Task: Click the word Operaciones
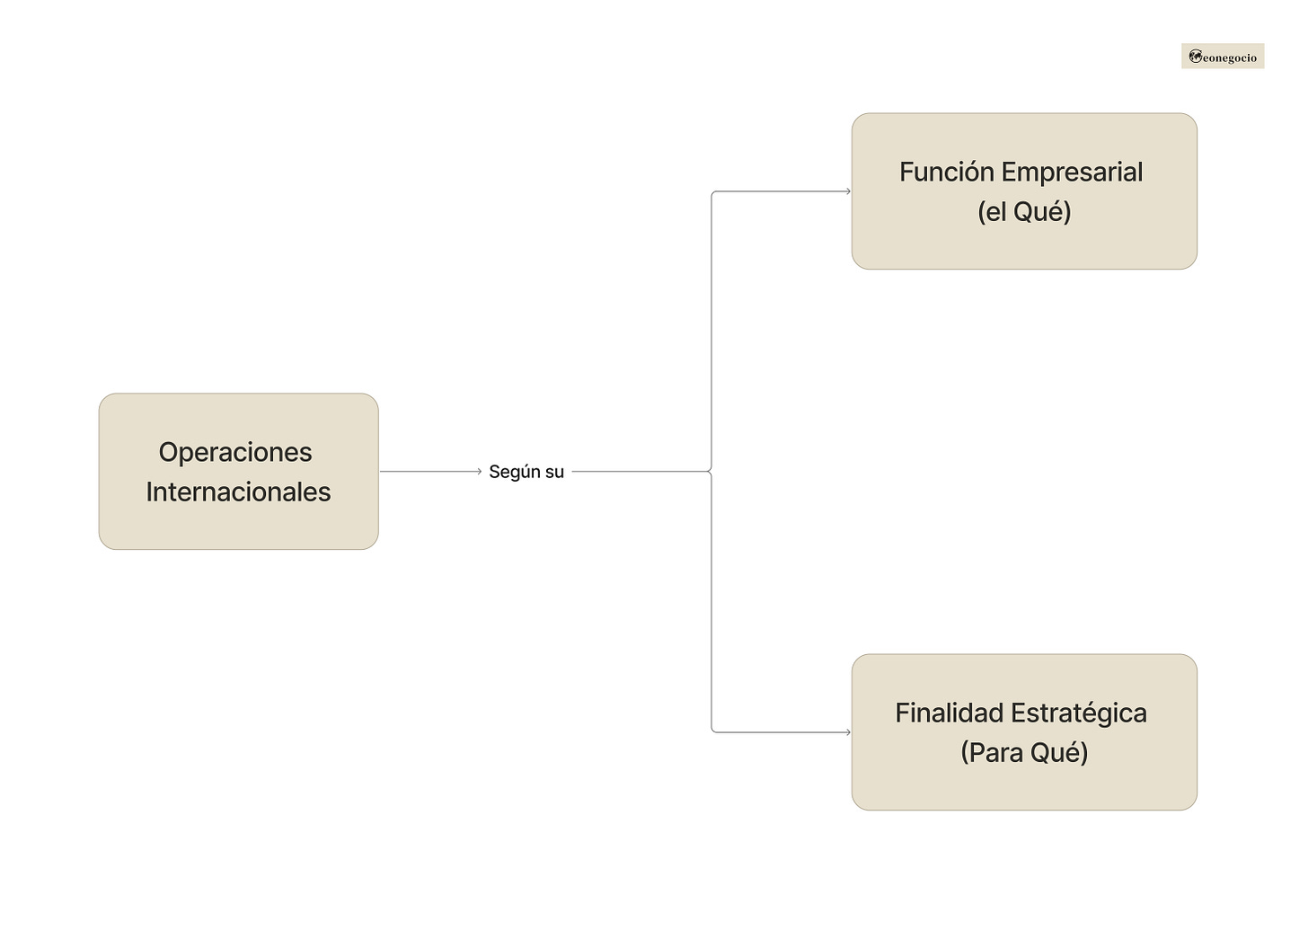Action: (x=235, y=452)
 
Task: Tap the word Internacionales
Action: (x=238, y=492)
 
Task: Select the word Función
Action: (x=946, y=172)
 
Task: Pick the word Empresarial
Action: (x=1072, y=172)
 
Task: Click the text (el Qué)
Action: (x=1024, y=212)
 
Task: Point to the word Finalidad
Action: (x=949, y=713)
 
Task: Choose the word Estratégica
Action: (x=1078, y=713)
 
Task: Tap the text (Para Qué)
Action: (x=1024, y=752)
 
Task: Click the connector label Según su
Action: (x=526, y=472)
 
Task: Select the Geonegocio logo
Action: (x=1223, y=57)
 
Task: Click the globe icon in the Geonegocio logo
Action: (x=1195, y=57)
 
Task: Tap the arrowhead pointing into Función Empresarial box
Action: (x=847, y=191)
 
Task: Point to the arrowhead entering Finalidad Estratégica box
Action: (x=847, y=732)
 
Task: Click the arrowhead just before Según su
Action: (x=479, y=471)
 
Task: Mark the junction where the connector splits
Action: (x=711, y=471)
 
